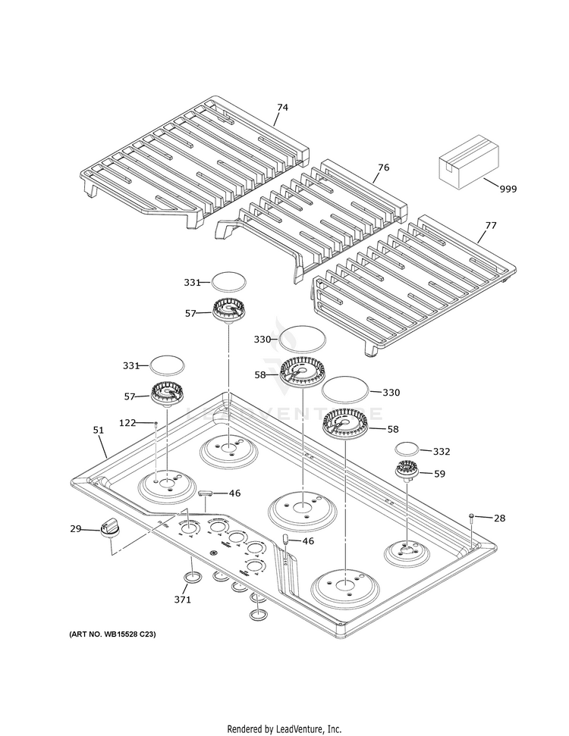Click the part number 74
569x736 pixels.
(282, 108)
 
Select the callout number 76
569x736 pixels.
(383, 167)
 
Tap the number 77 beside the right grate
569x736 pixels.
(491, 225)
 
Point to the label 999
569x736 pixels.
(508, 189)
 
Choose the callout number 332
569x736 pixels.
(441, 451)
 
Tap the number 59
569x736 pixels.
(441, 474)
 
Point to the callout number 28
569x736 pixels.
(498, 518)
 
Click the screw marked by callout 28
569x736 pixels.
(472, 517)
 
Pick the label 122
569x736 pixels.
(127, 422)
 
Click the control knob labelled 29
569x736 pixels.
(112, 527)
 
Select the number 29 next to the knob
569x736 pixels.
(75, 528)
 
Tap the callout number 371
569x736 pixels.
(182, 599)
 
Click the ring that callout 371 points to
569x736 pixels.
(193, 579)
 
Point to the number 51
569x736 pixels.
(98, 430)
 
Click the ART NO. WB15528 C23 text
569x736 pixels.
(112, 634)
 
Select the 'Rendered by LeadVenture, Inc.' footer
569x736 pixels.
(284, 728)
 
